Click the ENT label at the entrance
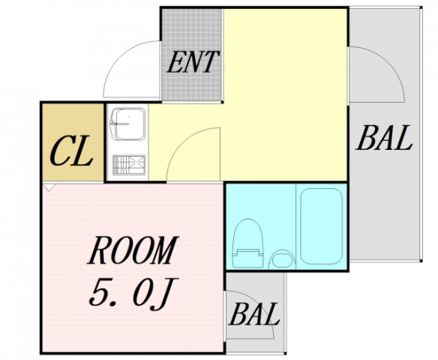[193, 62]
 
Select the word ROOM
[133, 251]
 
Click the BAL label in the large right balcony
[385, 139]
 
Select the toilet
[247, 244]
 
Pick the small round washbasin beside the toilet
[280, 259]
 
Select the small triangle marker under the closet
[49, 187]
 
